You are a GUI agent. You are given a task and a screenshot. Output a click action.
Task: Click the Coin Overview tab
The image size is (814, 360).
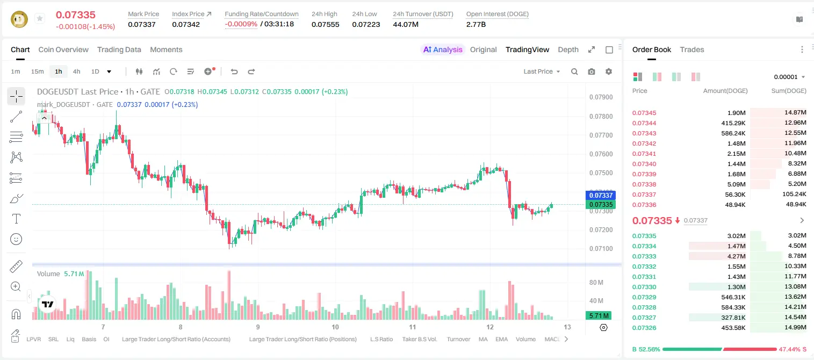(63, 49)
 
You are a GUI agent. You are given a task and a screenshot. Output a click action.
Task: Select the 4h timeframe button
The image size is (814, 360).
(76, 71)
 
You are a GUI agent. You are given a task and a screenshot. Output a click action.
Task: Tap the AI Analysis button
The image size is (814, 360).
(443, 49)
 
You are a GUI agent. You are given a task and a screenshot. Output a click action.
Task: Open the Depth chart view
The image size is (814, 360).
(568, 49)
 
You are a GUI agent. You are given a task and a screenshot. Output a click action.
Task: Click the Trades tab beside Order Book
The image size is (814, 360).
(692, 49)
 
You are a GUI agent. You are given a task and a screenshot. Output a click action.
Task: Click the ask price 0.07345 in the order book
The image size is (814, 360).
(644, 113)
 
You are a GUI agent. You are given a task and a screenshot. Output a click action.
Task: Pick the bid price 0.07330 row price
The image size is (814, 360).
(644, 287)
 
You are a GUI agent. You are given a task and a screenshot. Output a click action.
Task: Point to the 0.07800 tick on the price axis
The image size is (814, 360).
(601, 116)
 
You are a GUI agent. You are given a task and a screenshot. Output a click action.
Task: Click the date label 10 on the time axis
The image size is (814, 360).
(335, 327)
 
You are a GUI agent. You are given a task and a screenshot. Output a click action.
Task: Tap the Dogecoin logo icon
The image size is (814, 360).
(19, 19)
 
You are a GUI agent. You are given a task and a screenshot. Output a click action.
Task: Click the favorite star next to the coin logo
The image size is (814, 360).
(40, 18)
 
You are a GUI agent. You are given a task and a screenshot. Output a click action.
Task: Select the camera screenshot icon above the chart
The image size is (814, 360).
(592, 71)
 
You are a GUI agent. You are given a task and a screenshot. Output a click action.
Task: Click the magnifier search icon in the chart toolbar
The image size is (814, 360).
(574, 71)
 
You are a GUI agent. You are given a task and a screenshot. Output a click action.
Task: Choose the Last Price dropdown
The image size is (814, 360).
(542, 71)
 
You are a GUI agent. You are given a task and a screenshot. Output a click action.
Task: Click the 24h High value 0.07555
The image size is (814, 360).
(325, 24)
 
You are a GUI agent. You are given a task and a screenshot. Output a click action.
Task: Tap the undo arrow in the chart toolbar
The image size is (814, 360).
(234, 71)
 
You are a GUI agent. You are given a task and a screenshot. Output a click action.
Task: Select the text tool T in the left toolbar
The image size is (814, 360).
(16, 219)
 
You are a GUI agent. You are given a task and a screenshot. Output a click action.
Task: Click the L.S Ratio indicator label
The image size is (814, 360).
(381, 339)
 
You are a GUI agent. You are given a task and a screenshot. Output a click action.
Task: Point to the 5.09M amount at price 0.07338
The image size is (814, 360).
(736, 184)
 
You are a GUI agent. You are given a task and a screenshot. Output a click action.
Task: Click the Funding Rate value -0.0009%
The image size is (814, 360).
(241, 24)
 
